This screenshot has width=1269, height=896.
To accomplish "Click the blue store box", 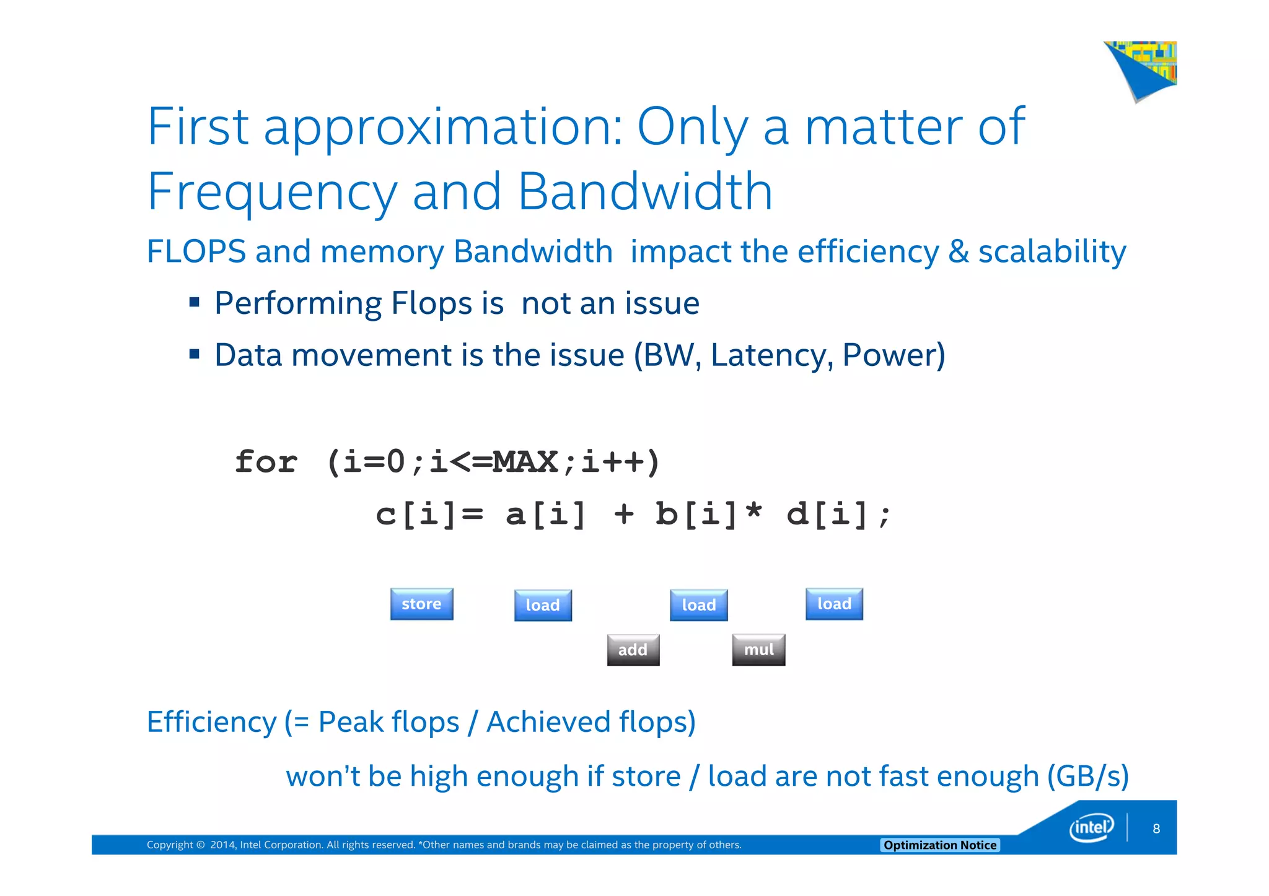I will pyautogui.click(x=421, y=604).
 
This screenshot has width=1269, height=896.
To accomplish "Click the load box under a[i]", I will pyautogui.click(x=543, y=605).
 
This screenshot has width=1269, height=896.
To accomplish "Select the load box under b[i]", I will pyautogui.click(x=698, y=605).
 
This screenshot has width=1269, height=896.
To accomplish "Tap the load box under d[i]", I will pyautogui.click(x=834, y=604).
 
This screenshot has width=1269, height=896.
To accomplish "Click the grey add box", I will pyautogui.click(x=633, y=650).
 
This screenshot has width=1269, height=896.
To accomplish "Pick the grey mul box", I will pyautogui.click(x=758, y=650).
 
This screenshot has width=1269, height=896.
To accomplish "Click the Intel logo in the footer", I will pyautogui.click(x=1091, y=828).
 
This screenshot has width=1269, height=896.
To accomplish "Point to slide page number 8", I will pyautogui.click(x=1156, y=829).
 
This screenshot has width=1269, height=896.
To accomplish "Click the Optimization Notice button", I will pyautogui.click(x=939, y=845).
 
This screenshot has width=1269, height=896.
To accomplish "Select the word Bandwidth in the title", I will pyautogui.click(x=645, y=192).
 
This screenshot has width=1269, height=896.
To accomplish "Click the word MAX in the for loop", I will pyautogui.click(x=525, y=462).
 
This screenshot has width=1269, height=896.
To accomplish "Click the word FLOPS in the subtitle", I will pyautogui.click(x=196, y=252).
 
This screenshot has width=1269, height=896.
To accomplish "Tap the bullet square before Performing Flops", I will pyautogui.click(x=195, y=303).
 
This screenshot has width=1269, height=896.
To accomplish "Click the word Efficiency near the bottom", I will pyautogui.click(x=211, y=722).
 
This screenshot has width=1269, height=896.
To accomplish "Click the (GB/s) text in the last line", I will pyautogui.click(x=1087, y=776).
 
